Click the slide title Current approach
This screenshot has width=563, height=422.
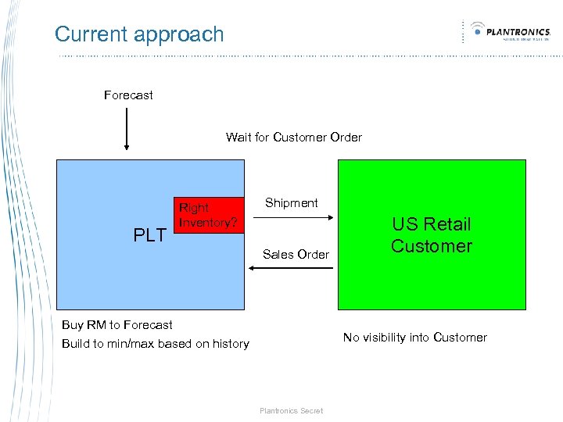click(x=139, y=34)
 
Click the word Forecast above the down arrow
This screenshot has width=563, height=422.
click(x=128, y=95)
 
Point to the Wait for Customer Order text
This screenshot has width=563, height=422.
click(x=294, y=138)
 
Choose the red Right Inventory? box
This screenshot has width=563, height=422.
click(x=206, y=216)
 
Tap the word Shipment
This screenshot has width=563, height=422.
click(x=291, y=203)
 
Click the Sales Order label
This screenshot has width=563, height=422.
click(x=296, y=254)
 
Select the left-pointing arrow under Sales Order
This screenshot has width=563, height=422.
click(x=290, y=268)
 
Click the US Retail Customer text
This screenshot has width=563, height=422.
click(x=432, y=235)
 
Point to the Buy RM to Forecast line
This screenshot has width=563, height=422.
click(x=117, y=325)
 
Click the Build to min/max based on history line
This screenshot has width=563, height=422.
click(x=155, y=344)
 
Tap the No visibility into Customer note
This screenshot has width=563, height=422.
click(x=414, y=338)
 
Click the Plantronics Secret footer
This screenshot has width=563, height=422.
click(x=291, y=410)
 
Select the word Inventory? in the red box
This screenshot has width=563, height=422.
click(x=208, y=223)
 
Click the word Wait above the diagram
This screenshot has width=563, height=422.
click(x=238, y=138)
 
